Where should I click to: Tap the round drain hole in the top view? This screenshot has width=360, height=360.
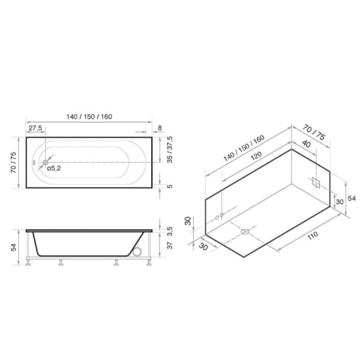pos(45,162)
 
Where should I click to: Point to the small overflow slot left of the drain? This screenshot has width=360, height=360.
pos(34,162)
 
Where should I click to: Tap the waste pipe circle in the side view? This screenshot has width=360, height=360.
pos(140,254)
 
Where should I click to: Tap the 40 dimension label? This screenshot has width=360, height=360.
pos(307,144)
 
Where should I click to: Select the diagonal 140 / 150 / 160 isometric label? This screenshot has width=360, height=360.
pos(243,149)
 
